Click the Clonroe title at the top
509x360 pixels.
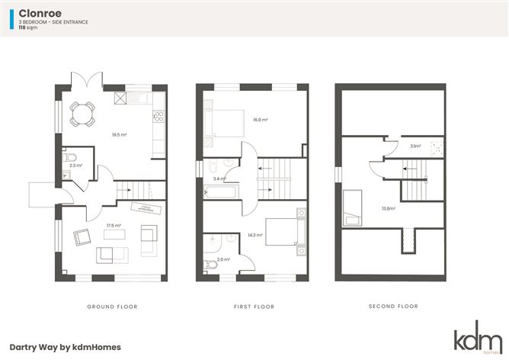pyautogui.click(x=40, y=13)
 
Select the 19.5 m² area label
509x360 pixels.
pyautogui.click(x=119, y=134)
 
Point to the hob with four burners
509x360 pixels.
pyautogui.click(x=158, y=117)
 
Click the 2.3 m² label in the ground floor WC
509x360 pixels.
pyautogui.click(x=75, y=166)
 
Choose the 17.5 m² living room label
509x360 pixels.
pyautogui.click(x=114, y=226)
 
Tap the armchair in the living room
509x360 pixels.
pyautogui.click(x=82, y=237)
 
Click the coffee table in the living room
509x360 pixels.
pyautogui.click(x=114, y=234)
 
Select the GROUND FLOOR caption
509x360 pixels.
pyautogui.click(x=112, y=307)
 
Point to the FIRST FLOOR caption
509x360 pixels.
pyautogui.click(x=254, y=307)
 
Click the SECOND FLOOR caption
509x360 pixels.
pyautogui.click(x=393, y=306)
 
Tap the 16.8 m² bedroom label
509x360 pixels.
pyautogui.click(x=261, y=120)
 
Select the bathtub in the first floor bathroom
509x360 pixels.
pyautogui.click(x=221, y=191)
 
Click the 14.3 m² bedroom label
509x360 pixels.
pyautogui.click(x=254, y=235)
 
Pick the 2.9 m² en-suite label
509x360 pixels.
pyautogui.click(x=223, y=259)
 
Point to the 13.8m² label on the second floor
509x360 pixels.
pyautogui.click(x=389, y=208)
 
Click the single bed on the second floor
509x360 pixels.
pyautogui.click(x=352, y=207)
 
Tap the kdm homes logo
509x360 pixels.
pyautogui.click(x=479, y=337)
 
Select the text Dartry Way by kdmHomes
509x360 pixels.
pyautogui.click(x=66, y=347)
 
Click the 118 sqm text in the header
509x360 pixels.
pyautogui.click(x=28, y=27)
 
